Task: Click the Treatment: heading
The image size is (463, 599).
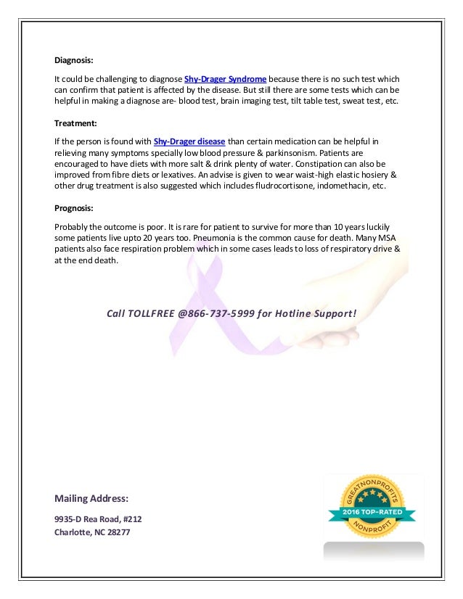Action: [75, 123]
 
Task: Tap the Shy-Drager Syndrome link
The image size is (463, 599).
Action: [226, 78]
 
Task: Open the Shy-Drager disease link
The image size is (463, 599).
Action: [189, 141]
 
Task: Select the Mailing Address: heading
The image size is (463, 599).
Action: [91, 498]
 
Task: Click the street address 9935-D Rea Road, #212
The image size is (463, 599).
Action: [103, 519]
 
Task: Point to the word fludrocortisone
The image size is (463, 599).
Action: [277, 186]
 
